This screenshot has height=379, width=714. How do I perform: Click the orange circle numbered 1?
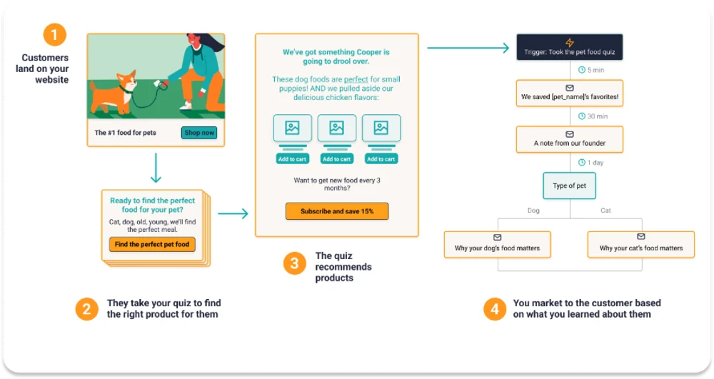click(x=55, y=34)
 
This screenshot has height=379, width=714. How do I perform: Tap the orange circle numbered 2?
click(x=86, y=309)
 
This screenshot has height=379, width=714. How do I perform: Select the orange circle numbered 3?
click(x=295, y=263)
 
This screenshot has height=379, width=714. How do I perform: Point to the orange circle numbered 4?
click(x=495, y=309)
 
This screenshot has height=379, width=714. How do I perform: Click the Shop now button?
click(x=199, y=133)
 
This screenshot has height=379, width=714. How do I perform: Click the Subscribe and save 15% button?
click(x=337, y=211)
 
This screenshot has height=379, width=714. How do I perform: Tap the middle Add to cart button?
click(x=336, y=158)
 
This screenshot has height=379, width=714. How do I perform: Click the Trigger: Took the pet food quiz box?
click(x=569, y=47)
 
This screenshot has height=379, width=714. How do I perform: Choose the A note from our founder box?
click(x=569, y=139)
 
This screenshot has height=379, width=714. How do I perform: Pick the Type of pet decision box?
click(x=569, y=186)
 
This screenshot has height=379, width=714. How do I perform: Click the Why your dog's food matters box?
click(x=497, y=244)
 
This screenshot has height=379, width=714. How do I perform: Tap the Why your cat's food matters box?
click(x=640, y=244)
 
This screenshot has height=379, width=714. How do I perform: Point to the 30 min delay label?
click(x=593, y=116)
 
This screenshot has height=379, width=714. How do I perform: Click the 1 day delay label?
click(x=590, y=163)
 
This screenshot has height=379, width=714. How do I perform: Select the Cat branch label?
click(x=605, y=211)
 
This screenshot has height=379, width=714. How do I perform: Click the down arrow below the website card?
click(x=156, y=168)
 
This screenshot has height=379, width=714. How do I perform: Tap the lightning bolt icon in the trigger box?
click(x=570, y=42)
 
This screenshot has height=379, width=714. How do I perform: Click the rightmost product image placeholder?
click(x=381, y=128)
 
